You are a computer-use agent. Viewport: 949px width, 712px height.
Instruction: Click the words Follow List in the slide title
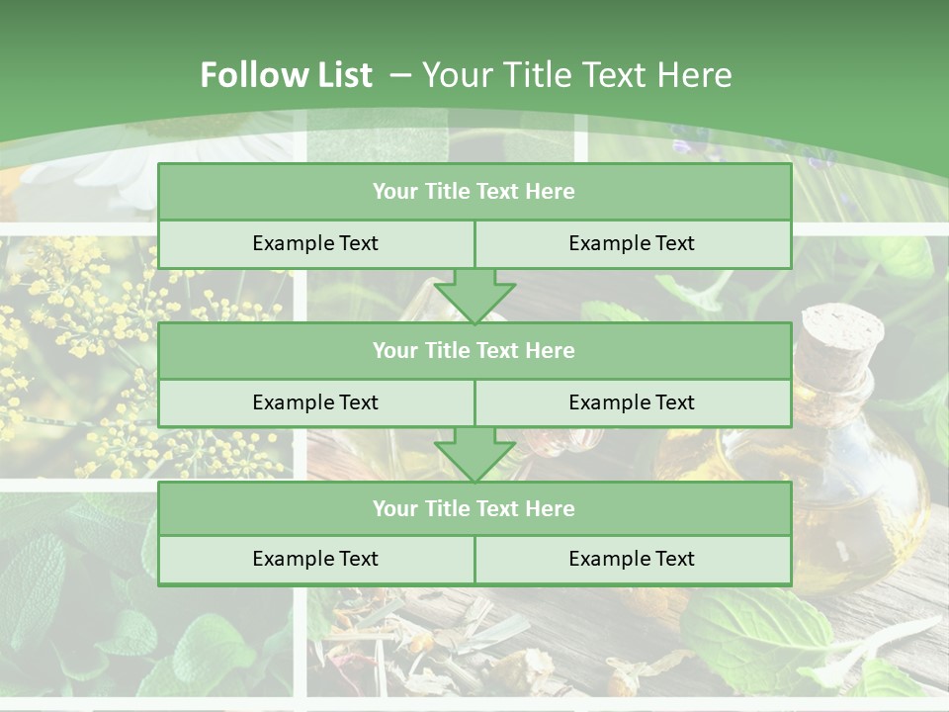coord(286,75)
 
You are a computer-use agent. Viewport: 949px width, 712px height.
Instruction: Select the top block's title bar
coord(474,192)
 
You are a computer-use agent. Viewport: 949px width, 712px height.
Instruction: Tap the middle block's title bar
coord(474,351)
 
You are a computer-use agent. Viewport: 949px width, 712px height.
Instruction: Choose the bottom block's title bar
coord(474,509)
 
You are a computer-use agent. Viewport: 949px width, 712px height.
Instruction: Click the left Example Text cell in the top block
coord(315,243)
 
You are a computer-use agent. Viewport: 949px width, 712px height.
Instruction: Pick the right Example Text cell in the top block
coord(632,243)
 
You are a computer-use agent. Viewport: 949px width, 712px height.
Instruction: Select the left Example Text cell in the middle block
coord(315,402)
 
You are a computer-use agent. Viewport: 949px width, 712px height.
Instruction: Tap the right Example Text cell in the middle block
coord(632,402)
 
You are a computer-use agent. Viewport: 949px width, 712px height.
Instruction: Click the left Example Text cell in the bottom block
coord(315,559)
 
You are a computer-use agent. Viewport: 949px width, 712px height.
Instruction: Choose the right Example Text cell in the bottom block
coord(632,559)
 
